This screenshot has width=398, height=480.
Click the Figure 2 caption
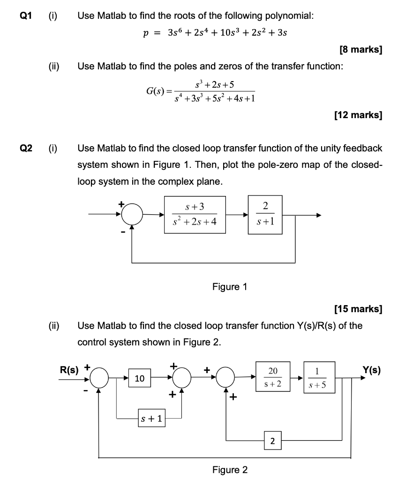tap(230, 470)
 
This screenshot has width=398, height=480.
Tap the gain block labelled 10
tap(140, 378)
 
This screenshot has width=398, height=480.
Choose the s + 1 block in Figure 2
tap(150, 418)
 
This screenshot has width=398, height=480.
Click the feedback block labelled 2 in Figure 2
tap(272, 440)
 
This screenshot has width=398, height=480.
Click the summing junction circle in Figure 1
tap(132, 215)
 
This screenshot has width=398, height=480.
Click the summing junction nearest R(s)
tap(99, 378)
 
